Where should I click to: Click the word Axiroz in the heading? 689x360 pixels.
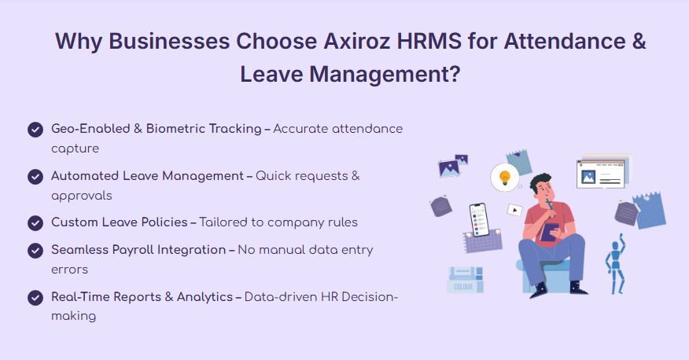[x=357, y=42]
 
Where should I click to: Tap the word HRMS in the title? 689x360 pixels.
[x=429, y=42]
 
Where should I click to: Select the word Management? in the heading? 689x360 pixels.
[x=385, y=74]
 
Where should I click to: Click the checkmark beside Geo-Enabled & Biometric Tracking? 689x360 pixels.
[x=35, y=130]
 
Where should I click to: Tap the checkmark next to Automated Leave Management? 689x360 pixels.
[x=35, y=177]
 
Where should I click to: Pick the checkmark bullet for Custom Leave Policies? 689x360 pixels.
[x=35, y=223]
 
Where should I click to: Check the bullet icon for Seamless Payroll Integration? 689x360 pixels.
[x=35, y=251]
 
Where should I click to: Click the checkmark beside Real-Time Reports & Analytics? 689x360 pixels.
[x=35, y=298]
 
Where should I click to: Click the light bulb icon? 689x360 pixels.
[x=505, y=178]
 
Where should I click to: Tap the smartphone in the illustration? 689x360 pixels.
[x=479, y=219]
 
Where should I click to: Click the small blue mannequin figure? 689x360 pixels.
[x=615, y=264]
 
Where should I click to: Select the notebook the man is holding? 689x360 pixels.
[x=549, y=232]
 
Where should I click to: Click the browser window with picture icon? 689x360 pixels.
[x=601, y=174]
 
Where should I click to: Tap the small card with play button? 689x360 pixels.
[x=514, y=210]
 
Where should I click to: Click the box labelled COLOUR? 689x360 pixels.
[x=465, y=280]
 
